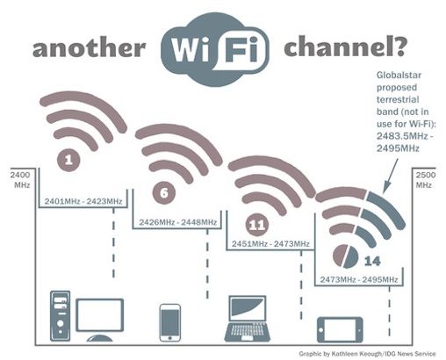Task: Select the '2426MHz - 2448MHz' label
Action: point(178,222)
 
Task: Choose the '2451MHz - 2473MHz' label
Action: point(270,243)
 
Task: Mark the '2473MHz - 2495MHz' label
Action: point(358,279)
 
